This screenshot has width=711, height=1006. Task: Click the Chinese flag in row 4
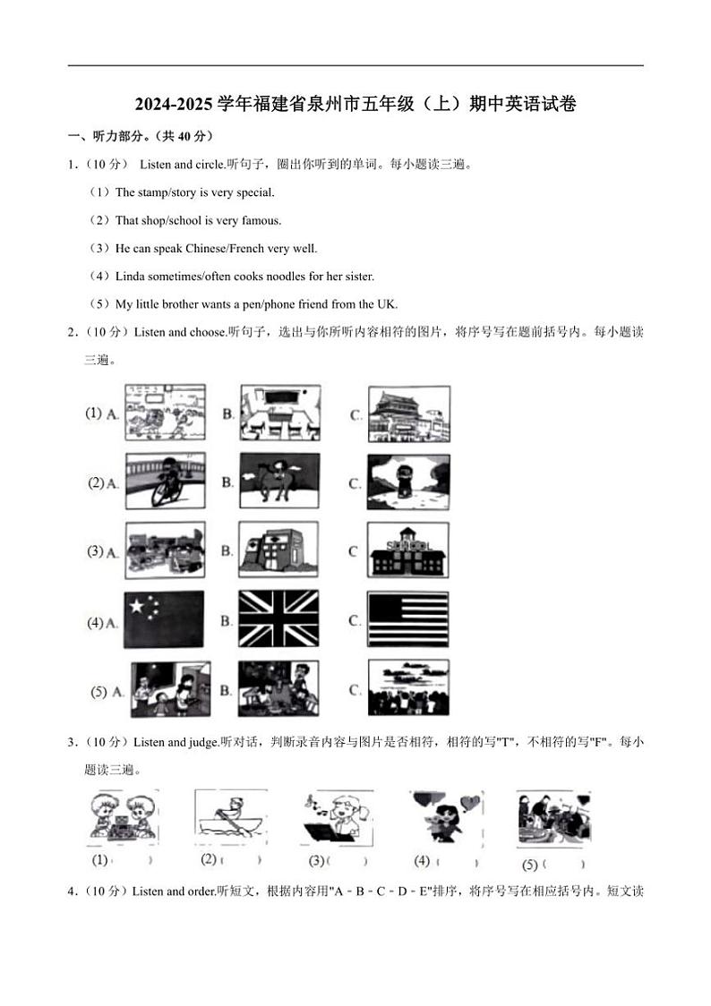pyautogui.click(x=165, y=619)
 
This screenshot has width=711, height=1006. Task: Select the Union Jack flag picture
pyautogui.click(x=278, y=619)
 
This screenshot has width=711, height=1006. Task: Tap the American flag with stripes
pyautogui.click(x=408, y=619)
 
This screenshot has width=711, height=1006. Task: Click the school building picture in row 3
pyautogui.click(x=408, y=550)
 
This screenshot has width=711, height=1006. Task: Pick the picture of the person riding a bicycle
pyautogui.click(x=165, y=482)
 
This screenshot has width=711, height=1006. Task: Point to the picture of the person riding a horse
pyautogui.click(x=278, y=482)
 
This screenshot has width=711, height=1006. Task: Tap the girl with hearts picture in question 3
pyautogui.click(x=444, y=817)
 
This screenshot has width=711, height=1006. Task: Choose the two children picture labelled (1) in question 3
pyautogui.click(x=123, y=817)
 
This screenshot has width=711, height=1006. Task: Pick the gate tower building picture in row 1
pyautogui.click(x=408, y=413)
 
